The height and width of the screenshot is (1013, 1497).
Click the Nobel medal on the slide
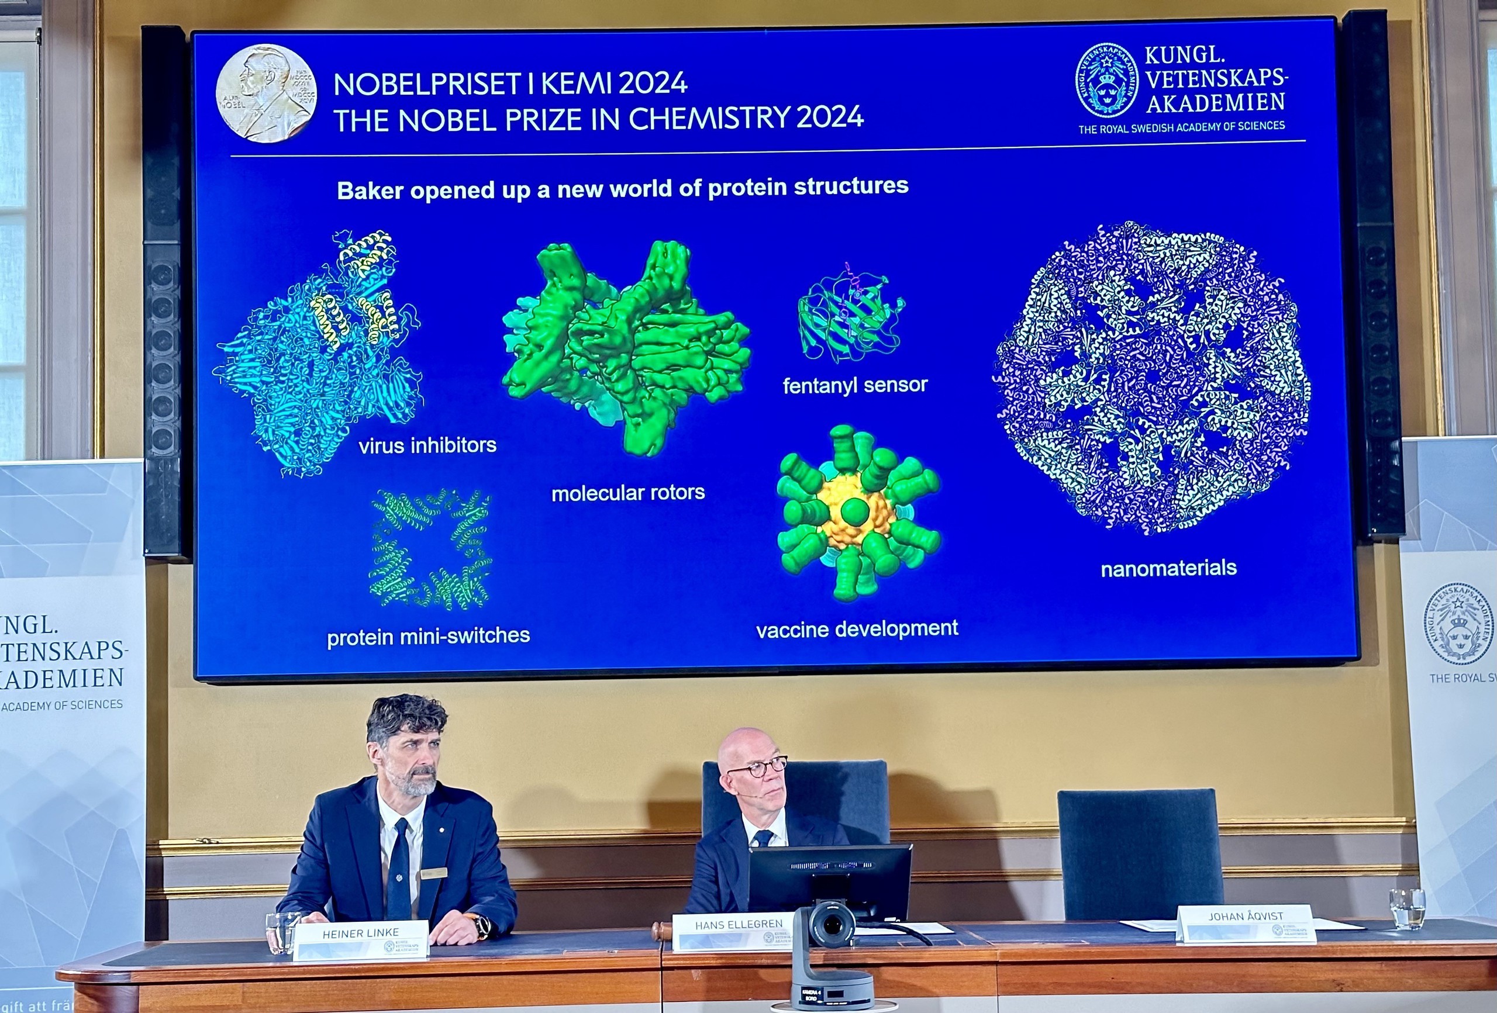[x=266, y=93]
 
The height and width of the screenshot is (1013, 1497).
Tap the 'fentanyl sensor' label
[x=855, y=385]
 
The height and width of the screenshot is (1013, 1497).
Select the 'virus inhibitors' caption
[x=427, y=445]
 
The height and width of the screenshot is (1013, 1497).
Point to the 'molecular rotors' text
[x=628, y=493]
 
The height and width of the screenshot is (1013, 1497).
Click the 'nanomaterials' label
[x=1168, y=568]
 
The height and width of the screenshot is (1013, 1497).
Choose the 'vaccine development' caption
[x=857, y=628]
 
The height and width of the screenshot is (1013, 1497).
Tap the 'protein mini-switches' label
[x=429, y=636]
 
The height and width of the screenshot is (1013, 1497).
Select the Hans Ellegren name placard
[x=739, y=931]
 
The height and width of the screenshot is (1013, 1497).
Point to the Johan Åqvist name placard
[x=1245, y=923]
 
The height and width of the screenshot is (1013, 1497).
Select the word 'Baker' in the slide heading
[x=370, y=191]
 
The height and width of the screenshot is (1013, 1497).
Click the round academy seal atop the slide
[x=1106, y=81]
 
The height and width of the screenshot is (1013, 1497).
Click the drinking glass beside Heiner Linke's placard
[x=282, y=932]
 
